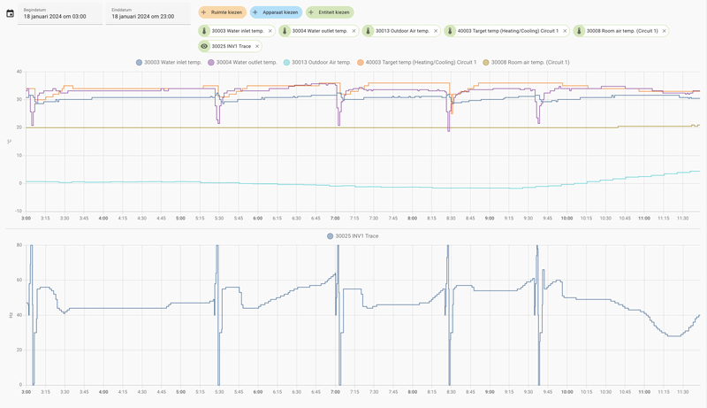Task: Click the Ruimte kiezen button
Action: (x=223, y=12)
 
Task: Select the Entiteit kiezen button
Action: (x=330, y=12)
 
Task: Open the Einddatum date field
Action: (x=148, y=13)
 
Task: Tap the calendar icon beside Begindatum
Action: (x=10, y=13)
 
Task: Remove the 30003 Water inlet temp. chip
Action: (x=270, y=31)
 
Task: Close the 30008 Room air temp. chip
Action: (x=664, y=31)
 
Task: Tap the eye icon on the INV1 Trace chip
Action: (x=204, y=46)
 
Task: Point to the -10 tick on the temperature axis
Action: (x=19, y=212)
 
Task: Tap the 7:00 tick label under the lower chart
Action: (x=335, y=392)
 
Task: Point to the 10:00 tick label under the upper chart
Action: (x=566, y=218)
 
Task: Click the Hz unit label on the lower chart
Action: (x=10, y=315)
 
